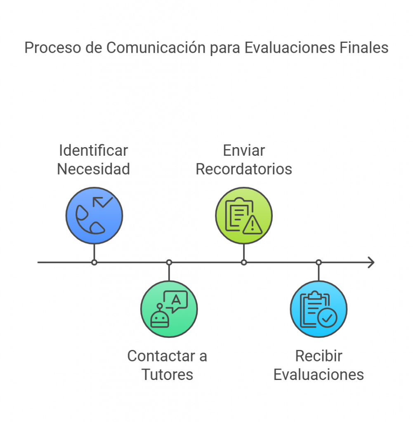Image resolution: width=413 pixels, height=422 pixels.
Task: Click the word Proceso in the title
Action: pyautogui.click(x=53, y=48)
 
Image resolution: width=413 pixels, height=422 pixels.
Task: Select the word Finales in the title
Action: pyautogui.click(x=364, y=47)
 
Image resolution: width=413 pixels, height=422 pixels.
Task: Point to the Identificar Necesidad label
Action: pyautogui.click(x=94, y=159)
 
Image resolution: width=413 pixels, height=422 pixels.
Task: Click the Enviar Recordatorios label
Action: pyautogui.click(x=244, y=159)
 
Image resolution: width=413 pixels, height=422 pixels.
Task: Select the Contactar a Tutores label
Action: pyautogui.click(x=167, y=365)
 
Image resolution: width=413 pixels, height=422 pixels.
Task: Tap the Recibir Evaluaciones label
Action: pyautogui.click(x=319, y=365)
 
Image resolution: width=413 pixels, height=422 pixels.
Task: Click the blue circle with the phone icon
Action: pyautogui.click(x=94, y=216)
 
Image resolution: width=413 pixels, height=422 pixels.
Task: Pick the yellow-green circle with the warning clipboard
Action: pyautogui.click(x=244, y=216)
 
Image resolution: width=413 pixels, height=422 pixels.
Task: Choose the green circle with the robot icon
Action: pyautogui.click(x=169, y=309)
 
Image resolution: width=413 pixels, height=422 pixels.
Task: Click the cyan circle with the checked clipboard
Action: pyautogui.click(x=319, y=309)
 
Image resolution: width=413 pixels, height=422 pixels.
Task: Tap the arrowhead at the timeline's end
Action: pyautogui.click(x=372, y=263)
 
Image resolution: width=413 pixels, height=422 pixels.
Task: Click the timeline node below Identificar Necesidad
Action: pyautogui.click(x=94, y=263)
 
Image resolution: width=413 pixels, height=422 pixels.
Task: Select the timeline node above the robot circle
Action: pyautogui.click(x=169, y=263)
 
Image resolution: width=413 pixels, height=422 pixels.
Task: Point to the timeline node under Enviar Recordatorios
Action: pyautogui.click(x=244, y=263)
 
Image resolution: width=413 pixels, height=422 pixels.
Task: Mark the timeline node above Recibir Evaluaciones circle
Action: pyautogui.click(x=319, y=263)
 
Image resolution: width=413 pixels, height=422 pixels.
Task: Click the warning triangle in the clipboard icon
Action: pyautogui.click(x=253, y=225)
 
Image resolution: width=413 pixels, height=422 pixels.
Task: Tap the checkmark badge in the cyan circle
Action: pyautogui.click(x=327, y=318)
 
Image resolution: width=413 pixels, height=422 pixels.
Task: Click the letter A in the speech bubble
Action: pyautogui.click(x=176, y=299)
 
